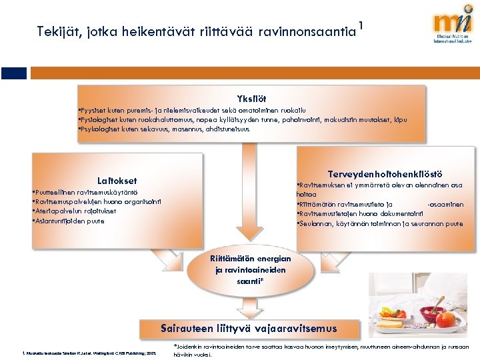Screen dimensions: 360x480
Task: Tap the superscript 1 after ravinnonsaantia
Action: pos(361,25)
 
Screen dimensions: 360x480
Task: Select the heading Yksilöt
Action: pos(249,98)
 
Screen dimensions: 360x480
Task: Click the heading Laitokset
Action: pos(117,181)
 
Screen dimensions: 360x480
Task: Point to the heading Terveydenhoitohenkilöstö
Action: pos(385,173)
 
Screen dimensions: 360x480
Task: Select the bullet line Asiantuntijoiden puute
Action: pos(69,221)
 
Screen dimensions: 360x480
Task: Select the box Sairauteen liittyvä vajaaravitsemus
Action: pos(249,328)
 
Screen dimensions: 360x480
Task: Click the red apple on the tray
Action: pos(445,321)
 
